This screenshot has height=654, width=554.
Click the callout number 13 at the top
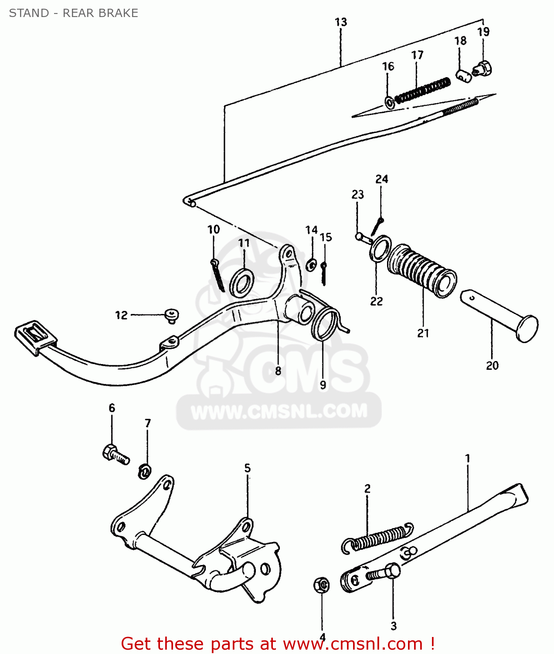click(341, 22)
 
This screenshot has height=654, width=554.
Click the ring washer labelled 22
click(381, 249)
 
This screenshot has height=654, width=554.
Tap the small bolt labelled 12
click(172, 315)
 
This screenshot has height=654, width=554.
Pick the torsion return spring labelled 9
click(326, 324)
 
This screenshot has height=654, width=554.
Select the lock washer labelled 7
click(145, 471)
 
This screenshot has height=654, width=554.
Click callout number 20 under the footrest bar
click(492, 365)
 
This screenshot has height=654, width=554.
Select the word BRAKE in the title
click(119, 13)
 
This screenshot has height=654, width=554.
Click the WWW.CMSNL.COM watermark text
click(279, 412)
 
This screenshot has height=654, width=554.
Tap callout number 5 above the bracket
click(248, 468)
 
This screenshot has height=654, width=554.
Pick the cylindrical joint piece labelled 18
click(464, 75)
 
